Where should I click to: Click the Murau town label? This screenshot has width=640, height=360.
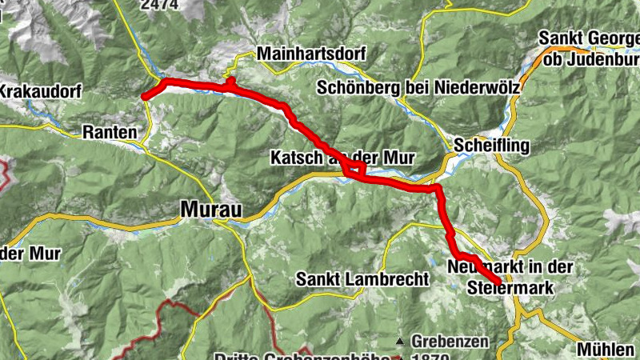(x=210, y=209)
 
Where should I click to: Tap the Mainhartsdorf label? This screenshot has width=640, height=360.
(x=310, y=55)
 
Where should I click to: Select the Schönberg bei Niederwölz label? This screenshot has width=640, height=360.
(x=418, y=87)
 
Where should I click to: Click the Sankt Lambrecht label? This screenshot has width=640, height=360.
(x=363, y=279)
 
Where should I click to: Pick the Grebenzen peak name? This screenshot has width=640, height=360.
(x=450, y=342)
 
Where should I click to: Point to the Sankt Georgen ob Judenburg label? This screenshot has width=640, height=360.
(x=590, y=49)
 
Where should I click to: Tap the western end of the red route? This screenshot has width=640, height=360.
(x=145, y=98)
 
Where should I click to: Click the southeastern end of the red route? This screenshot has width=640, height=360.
(x=498, y=281)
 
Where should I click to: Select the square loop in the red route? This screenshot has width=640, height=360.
(x=354, y=170)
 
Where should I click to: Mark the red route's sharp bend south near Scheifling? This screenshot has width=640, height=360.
(x=438, y=189)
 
